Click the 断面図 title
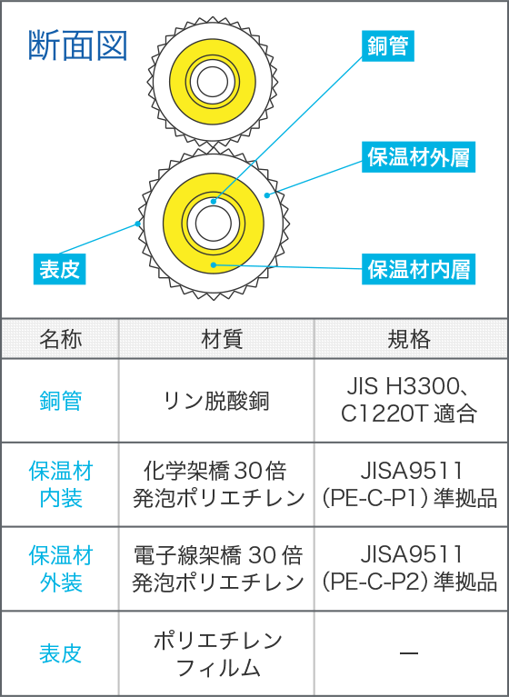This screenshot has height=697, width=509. pyautogui.click(x=78, y=45)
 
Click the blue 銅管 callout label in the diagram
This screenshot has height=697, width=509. pyautogui.click(x=387, y=45)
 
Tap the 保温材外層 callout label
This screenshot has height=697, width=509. pyautogui.click(x=418, y=157)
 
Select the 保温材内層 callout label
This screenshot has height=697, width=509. pyautogui.click(x=418, y=269)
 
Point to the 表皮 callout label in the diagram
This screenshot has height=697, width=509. pyautogui.click(x=60, y=269)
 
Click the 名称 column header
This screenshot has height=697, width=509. pyautogui.click(x=61, y=339)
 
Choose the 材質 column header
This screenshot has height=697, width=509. pyautogui.click(x=216, y=339)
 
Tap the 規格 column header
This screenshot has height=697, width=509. pyautogui.click(x=409, y=339)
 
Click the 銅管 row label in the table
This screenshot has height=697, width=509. pyautogui.click(x=61, y=401)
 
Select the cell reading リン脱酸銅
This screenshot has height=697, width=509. pyautogui.click(x=216, y=401)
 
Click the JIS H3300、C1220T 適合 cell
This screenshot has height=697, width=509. pyautogui.click(x=409, y=400)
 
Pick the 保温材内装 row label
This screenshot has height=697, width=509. pyautogui.click(x=61, y=484)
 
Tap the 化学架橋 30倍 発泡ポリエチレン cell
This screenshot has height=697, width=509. pyautogui.click(x=217, y=484)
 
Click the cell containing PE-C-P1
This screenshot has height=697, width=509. pyautogui.click(x=409, y=484)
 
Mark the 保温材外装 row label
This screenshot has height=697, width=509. pyautogui.click(x=61, y=569)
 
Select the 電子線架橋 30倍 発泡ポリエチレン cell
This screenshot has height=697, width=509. pyautogui.click(x=217, y=569)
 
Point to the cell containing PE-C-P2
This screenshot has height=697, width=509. pyautogui.click(x=409, y=569)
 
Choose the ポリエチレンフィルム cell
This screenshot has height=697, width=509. pyautogui.click(x=217, y=653)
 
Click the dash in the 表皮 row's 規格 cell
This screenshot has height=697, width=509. pyautogui.click(x=409, y=653)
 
